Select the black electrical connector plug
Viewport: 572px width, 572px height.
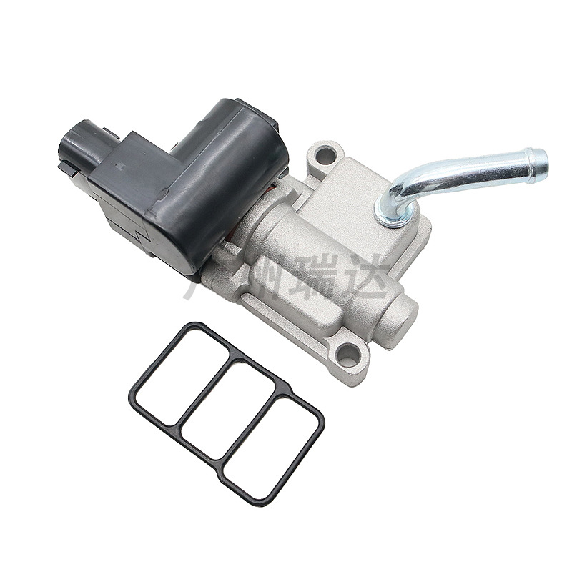click(77, 147)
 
